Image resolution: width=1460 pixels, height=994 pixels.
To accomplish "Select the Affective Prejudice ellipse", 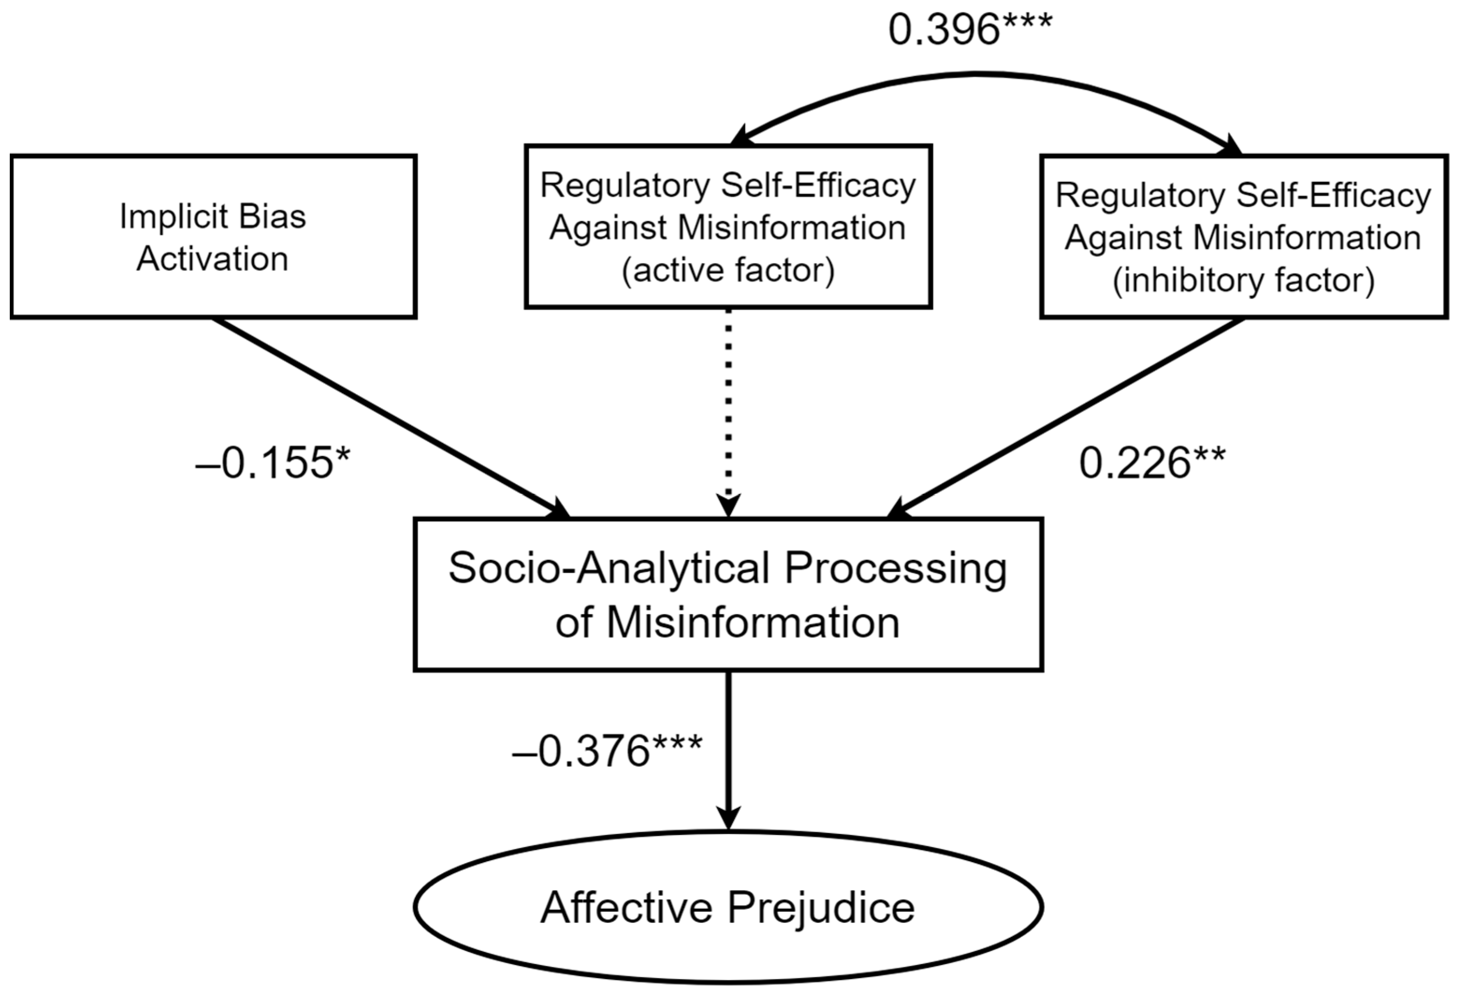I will (x=728, y=907).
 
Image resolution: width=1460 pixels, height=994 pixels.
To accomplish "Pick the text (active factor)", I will (x=728, y=270).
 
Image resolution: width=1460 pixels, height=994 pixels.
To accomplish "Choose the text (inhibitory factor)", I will (x=1243, y=280).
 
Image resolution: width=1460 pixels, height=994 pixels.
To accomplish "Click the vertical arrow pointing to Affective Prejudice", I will (x=728, y=747).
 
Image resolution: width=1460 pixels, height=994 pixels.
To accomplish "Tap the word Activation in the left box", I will (x=213, y=259).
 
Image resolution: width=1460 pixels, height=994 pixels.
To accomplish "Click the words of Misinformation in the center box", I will (x=728, y=623).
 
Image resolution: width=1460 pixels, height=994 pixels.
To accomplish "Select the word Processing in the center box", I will (x=895, y=569).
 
